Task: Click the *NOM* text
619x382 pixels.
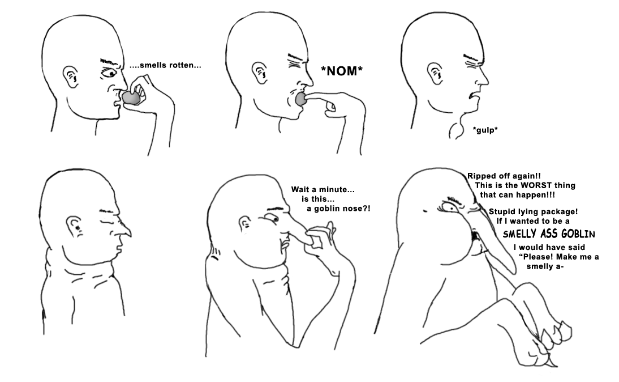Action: point(342,71)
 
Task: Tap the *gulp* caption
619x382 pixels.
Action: point(485,130)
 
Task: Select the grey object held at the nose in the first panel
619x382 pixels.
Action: point(131,97)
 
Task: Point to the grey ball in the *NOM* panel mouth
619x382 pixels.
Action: point(302,99)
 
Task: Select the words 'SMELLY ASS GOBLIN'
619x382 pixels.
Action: point(549,234)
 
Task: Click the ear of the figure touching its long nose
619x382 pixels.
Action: point(245,224)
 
